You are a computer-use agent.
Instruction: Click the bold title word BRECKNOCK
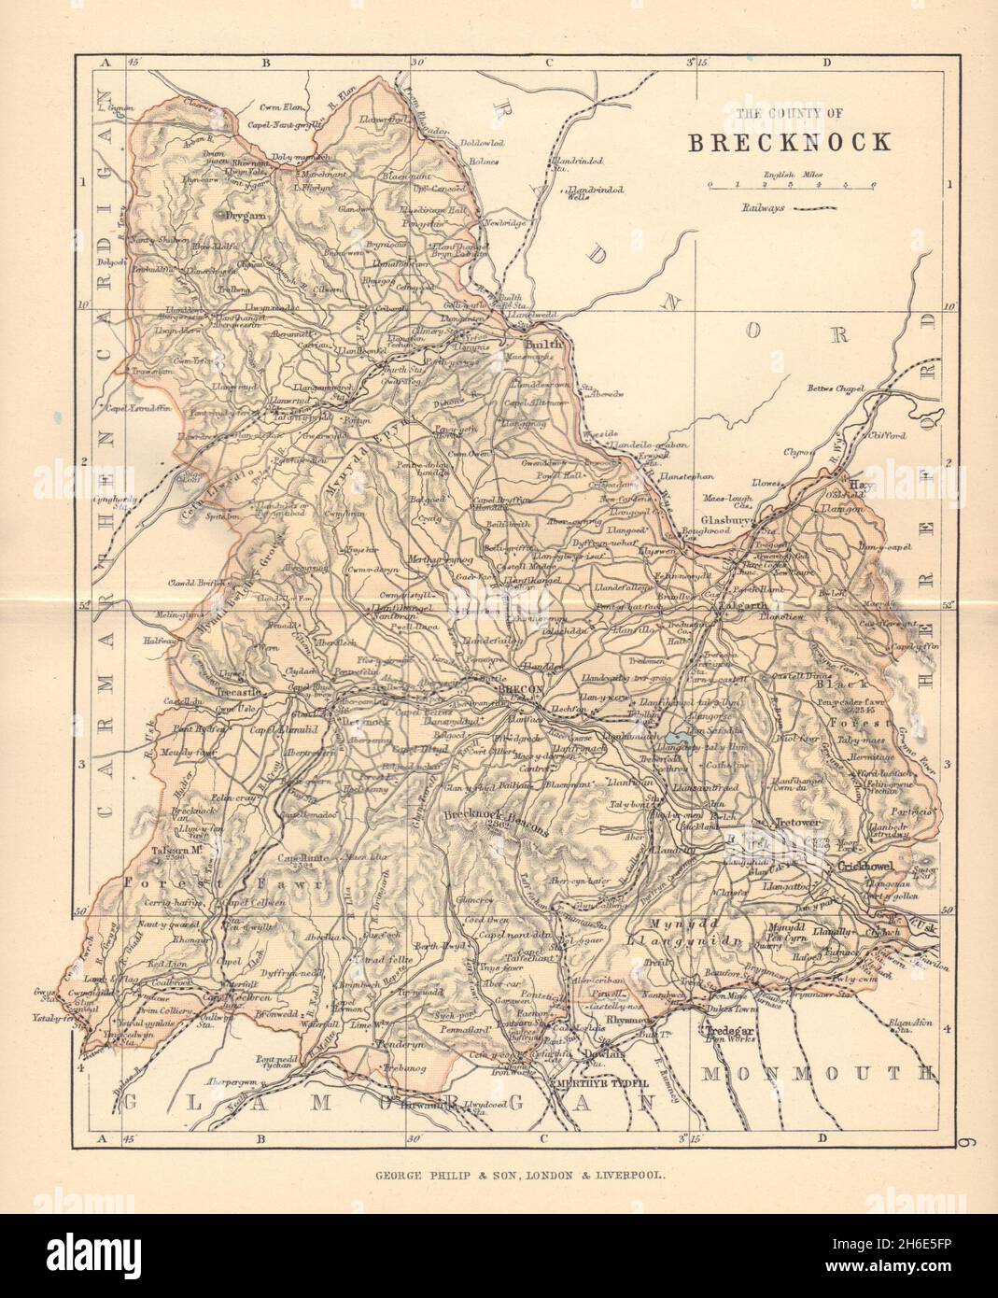pos(789,142)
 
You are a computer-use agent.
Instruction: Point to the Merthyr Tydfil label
pos(596,1084)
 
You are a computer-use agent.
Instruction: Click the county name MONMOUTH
pos(817,1074)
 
